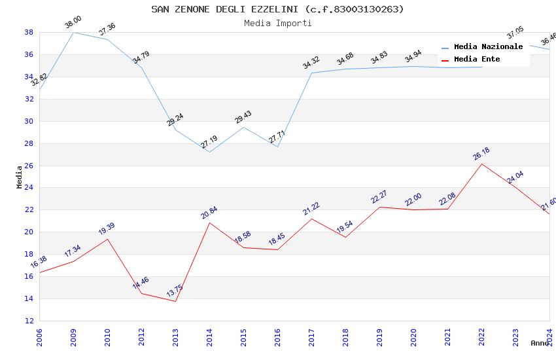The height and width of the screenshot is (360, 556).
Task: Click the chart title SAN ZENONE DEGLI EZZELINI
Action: click(x=277, y=9)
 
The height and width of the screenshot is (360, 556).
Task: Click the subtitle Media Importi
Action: click(x=277, y=23)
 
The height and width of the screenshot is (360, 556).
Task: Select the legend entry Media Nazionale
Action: click(x=488, y=46)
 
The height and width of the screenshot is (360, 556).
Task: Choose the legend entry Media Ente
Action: click(x=477, y=59)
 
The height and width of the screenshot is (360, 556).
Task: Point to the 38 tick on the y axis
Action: click(x=29, y=32)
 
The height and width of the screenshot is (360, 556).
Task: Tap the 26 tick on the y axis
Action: click(x=29, y=166)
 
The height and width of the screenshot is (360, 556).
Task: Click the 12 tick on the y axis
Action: click(x=29, y=321)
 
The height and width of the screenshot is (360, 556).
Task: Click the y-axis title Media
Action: click(x=20, y=177)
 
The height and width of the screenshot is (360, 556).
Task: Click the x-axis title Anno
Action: click(x=540, y=343)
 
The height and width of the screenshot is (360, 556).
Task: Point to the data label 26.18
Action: click(x=481, y=154)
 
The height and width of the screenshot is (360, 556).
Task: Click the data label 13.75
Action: click(x=175, y=291)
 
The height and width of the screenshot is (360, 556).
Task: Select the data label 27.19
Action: click(x=209, y=142)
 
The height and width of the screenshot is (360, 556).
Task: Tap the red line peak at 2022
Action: click(x=481, y=164)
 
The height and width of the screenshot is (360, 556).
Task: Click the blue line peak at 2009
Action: click(x=73, y=32)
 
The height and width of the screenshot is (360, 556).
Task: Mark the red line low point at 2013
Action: click(x=175, y=301)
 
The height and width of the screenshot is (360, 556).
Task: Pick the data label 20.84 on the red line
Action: click(x=209, y=213)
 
